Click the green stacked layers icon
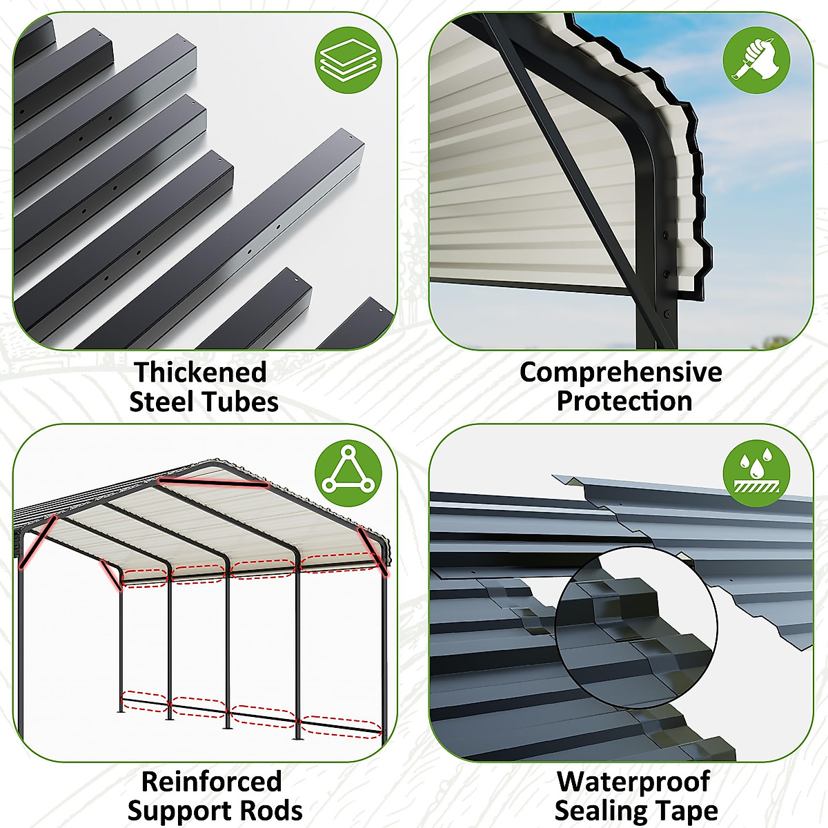[348, 59]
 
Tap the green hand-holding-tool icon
[756, 59]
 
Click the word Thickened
[201, 373]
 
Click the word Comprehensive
[620, 373]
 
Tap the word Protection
[624, 402]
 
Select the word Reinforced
[212, 782]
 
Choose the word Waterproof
[633, 782]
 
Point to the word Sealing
[600, 811]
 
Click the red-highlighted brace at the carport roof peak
[213, 482]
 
